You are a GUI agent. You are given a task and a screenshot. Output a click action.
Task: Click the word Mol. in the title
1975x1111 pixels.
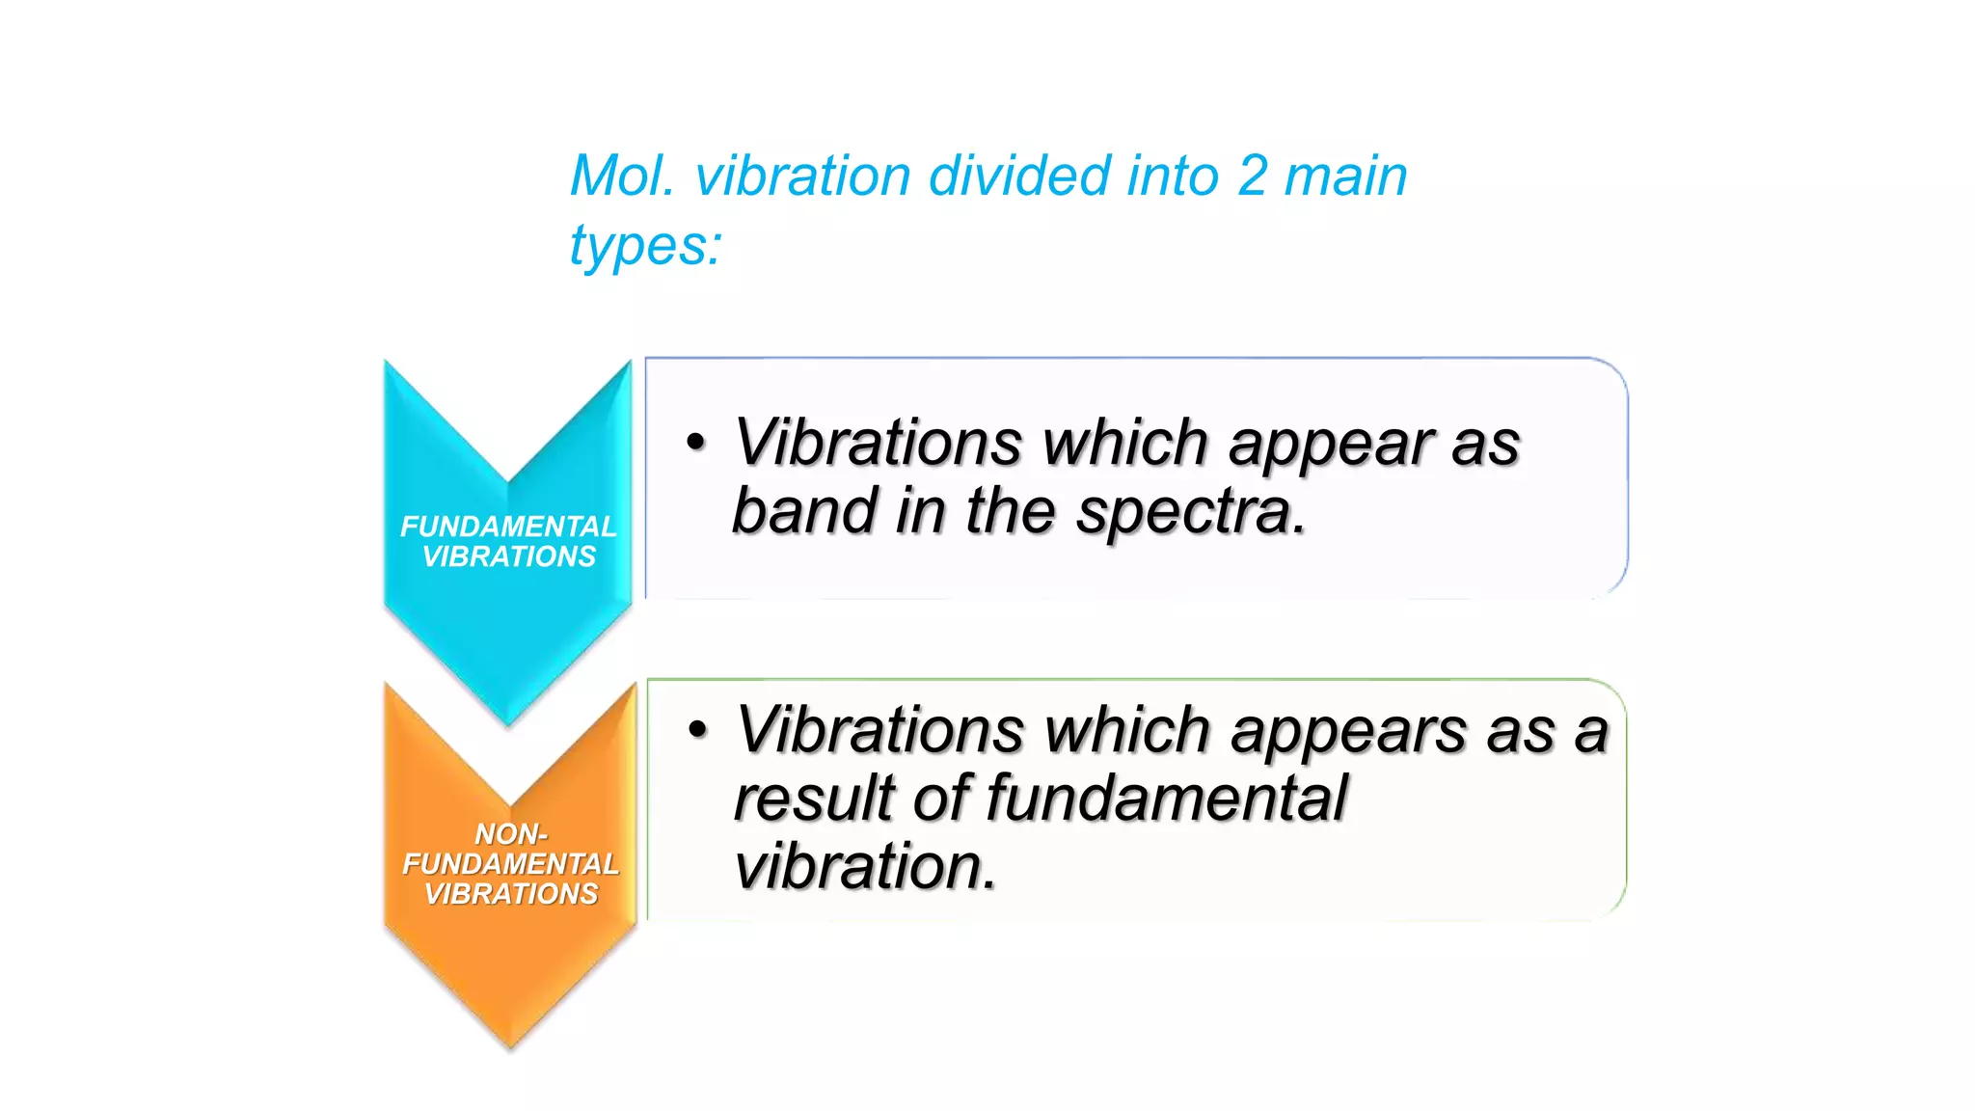pos(622,176)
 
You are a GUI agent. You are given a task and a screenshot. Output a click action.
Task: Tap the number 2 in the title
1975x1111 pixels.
pos(1252,176)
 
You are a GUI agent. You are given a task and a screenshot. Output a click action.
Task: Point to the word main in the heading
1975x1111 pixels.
pos(1346,176)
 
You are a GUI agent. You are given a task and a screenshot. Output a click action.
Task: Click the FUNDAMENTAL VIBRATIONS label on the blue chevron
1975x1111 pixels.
pos(508,541)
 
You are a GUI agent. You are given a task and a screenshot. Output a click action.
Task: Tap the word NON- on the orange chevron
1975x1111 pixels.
pos(511,833)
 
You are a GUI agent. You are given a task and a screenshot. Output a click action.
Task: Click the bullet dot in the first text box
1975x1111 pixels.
pos(696,443)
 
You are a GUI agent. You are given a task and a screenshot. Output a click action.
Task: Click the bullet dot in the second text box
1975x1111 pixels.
pos(698,730)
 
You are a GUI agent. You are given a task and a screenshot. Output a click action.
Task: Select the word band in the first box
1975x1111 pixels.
pos(804,511)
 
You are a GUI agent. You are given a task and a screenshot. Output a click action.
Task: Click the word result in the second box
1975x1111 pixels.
pos(815,799)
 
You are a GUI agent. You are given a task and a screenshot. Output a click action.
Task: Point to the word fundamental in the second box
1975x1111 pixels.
pos(1166,799)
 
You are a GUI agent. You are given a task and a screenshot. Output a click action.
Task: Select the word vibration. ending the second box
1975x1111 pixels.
pos(865,866)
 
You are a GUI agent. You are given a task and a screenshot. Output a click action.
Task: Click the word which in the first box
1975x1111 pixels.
pos(1124,443)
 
